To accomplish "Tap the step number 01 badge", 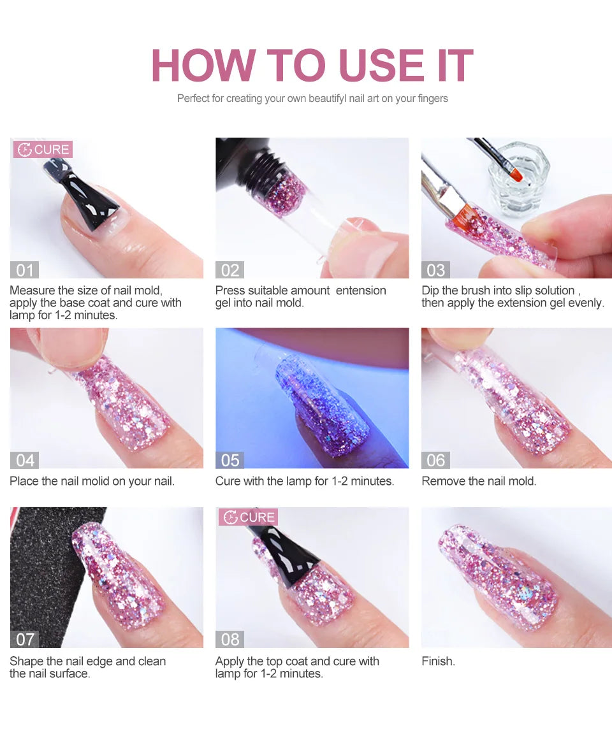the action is [x=24, y=270].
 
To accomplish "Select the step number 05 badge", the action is [x=229, y=459].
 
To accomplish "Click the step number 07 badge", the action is [x=24, y=639].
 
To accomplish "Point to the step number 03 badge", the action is [x=435, y=270].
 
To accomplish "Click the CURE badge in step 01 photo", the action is [x=43, y=150].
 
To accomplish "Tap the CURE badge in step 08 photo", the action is [x=249, y=517].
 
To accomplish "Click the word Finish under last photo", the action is [x=438, y=661].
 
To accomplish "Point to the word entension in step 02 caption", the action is [x=361, y=291].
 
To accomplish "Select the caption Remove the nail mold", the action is [x=479, y=481].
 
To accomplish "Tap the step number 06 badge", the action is [x=435, y=459].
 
